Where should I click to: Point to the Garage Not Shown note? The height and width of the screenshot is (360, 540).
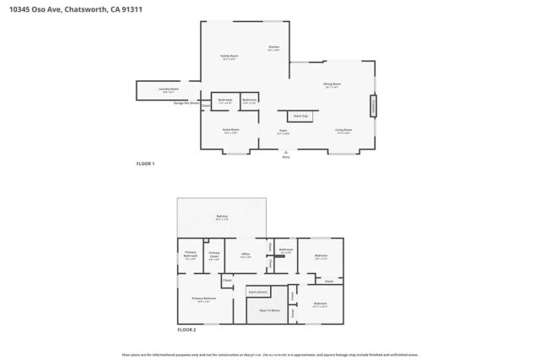[x=186, y=103]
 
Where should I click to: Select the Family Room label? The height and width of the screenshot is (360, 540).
[x=229, y=56]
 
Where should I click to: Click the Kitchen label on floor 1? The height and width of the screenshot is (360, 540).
[x=273, y=47]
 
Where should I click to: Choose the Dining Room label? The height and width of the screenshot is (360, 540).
[x=332, y=84]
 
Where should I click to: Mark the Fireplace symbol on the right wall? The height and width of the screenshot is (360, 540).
[x=372, y=106]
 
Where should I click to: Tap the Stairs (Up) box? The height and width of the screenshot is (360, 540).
[x=300, y=115]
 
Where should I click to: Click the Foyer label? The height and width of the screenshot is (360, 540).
[x=284, y=131]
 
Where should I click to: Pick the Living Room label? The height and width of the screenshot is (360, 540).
[x=343, y=130]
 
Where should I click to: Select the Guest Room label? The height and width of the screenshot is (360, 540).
[x=230, y=130]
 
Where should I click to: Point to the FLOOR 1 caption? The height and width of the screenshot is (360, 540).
[x=146, y=164]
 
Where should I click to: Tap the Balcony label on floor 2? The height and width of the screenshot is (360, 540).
[x=222, y=217]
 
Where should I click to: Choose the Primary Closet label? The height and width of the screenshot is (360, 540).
[x=214, y=255]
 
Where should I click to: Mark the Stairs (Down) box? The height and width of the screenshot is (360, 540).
[x=257, y=291]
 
